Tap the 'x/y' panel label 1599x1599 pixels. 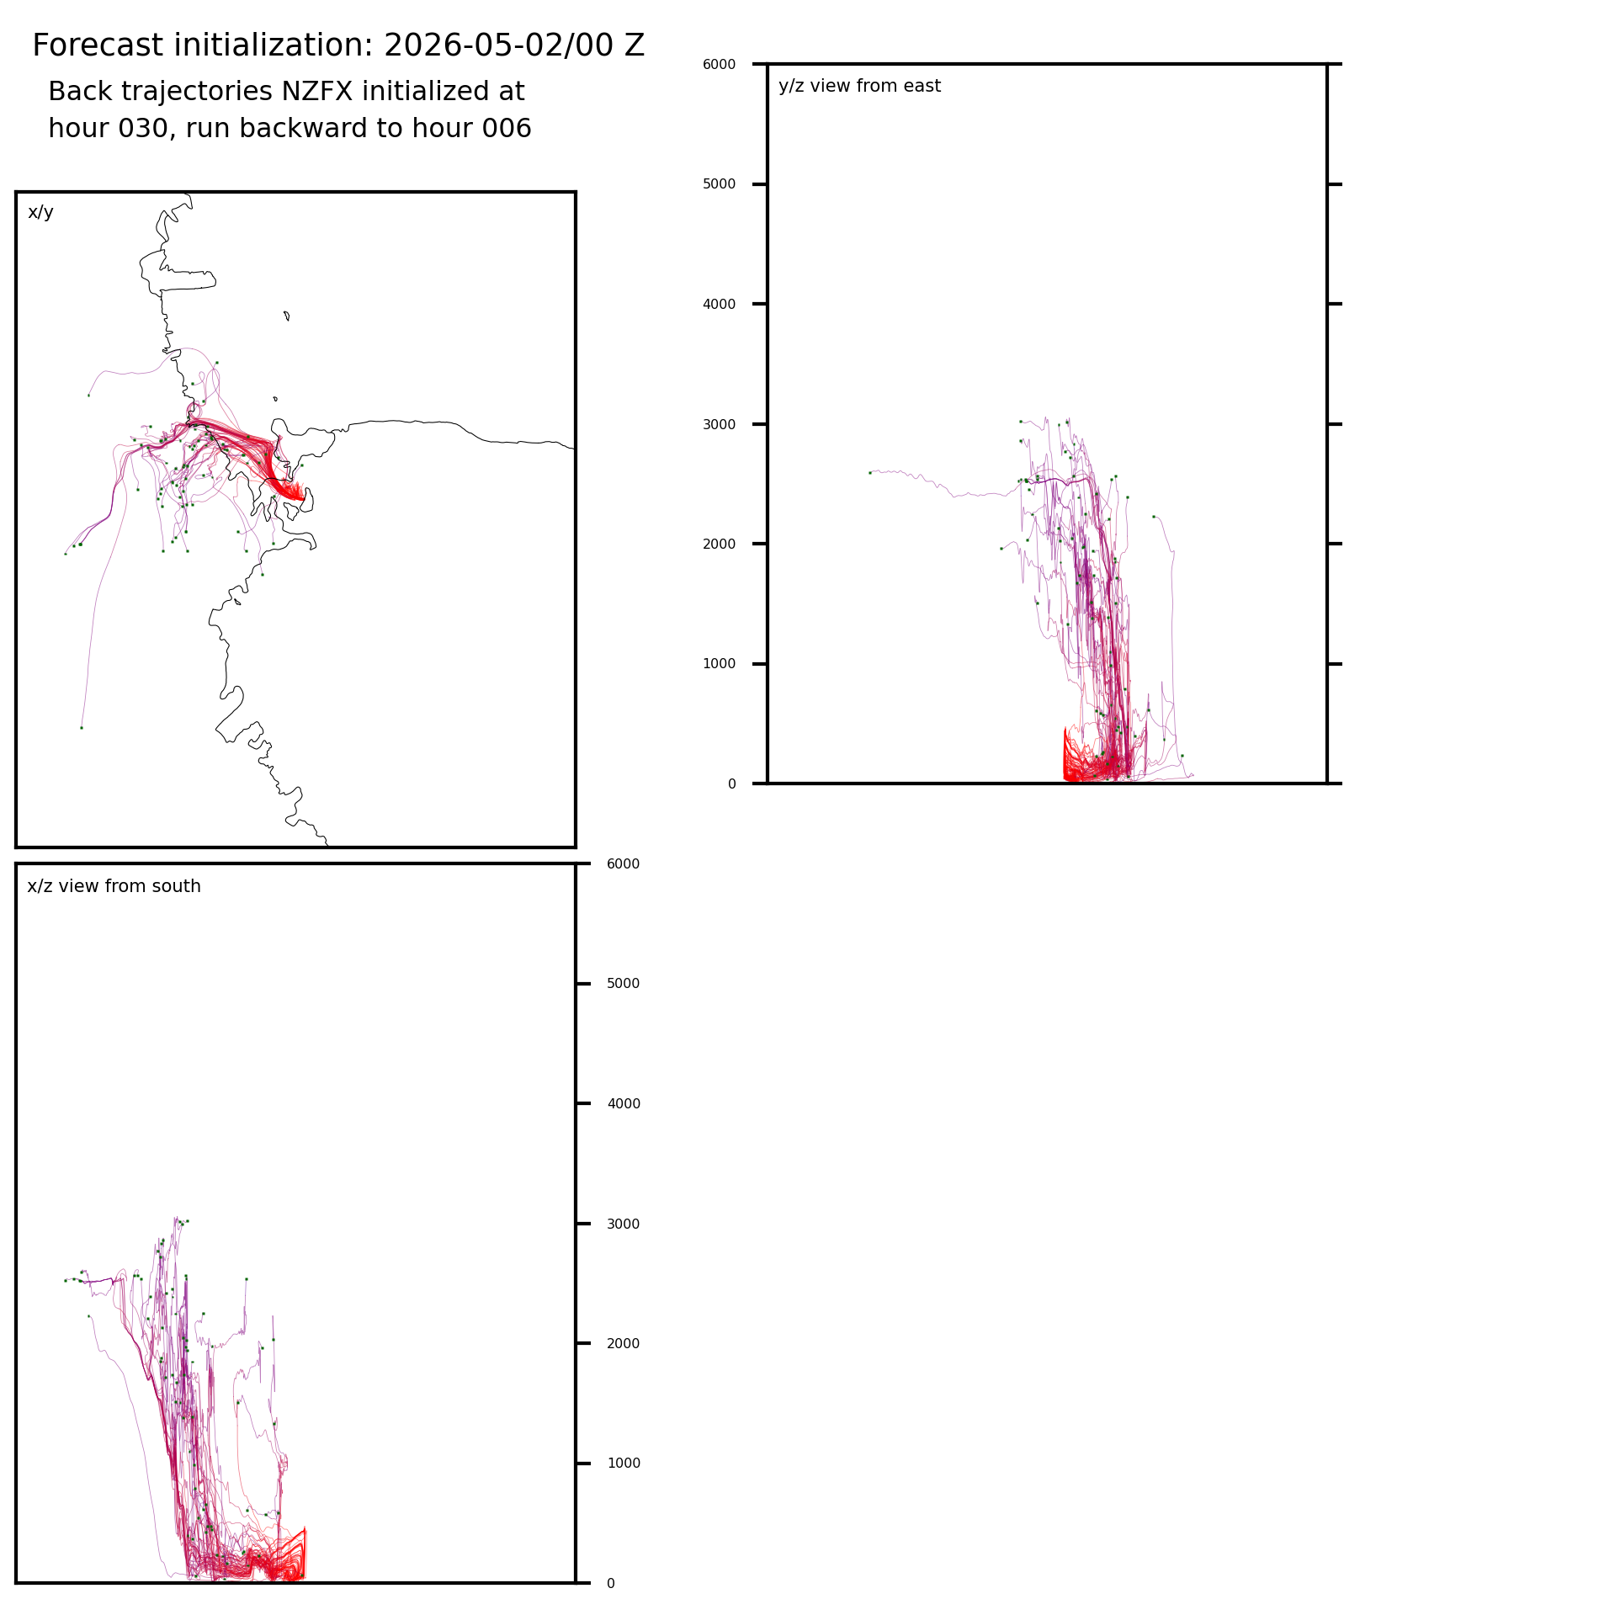coord(40,212)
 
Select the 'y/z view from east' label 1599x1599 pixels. coord(859,86)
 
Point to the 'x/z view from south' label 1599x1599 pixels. coord(114,886)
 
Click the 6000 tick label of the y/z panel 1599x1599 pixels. coord(719,64)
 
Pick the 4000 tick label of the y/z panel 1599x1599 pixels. coord(719,304)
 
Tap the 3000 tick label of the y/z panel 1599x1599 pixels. coord(719,424)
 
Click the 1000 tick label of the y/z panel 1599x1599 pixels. coord(719,664)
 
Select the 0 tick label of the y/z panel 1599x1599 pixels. coord(731,784)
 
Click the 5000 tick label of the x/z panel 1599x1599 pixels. coord(624,984)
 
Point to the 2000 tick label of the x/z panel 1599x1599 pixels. coord(624,1344)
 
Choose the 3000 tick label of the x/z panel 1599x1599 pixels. coord(624,1224)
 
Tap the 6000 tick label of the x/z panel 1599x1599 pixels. coord(624,864)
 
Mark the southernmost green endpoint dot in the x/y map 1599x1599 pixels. coord(82,728)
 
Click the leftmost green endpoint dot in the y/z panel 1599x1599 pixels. coord(870,473)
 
